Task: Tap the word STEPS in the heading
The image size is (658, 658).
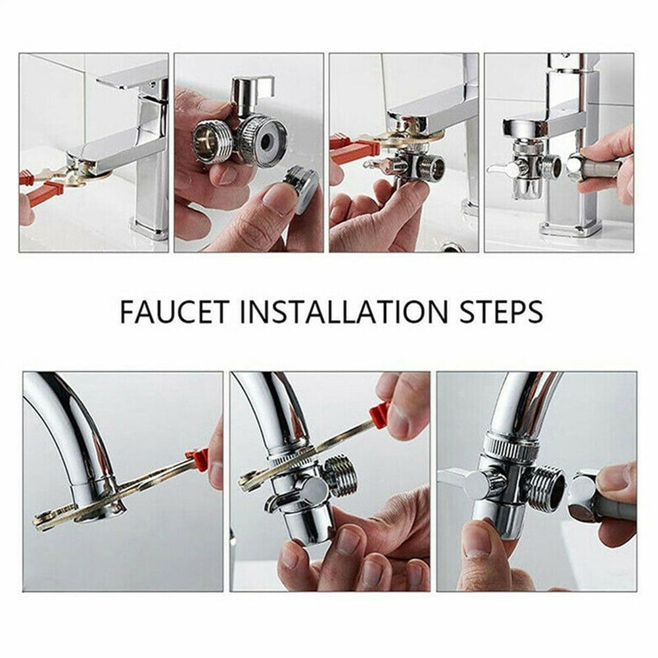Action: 498,311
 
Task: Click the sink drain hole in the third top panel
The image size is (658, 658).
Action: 452,247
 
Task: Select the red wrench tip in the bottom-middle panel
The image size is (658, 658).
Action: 379,414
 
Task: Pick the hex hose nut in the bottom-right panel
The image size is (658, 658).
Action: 582,489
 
